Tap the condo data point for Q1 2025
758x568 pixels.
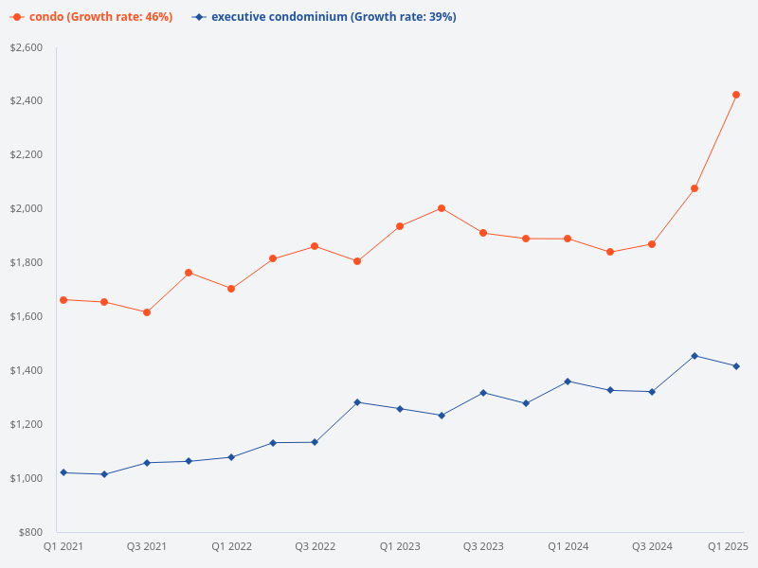pos(736,95)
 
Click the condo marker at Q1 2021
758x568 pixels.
pos(63,300)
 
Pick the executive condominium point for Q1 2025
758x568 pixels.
pos(736,366)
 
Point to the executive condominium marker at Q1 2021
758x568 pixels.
pos(63,472)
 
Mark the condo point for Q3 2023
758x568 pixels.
pos(483,233)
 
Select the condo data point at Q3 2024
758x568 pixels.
pos(652,244)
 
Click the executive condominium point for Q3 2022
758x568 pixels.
pos(315,442)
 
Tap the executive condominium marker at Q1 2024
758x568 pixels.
pos(568,382)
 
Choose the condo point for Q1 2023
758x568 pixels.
pos(400,226)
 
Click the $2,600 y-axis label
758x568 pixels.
pos(27,47)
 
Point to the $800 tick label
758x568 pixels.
pos(31,532)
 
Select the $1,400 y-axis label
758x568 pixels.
pos(27,370)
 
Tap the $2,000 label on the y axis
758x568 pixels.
pos(27,208)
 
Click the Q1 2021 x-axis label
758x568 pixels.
pos(63,546)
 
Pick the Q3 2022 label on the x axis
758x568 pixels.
pos(316,546)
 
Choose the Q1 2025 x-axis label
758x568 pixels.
pos(729,546)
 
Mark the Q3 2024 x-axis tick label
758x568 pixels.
pos(652,546)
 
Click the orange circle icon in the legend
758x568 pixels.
pos(17,17)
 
